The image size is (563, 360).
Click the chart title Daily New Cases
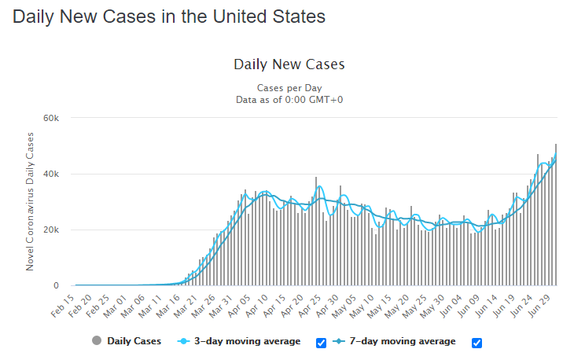pos(289,64)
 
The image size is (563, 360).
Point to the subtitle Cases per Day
pos(289,88)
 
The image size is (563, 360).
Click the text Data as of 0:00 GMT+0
pos(289,100)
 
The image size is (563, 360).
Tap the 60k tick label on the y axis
pos(51,118)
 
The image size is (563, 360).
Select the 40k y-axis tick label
pos(51,174)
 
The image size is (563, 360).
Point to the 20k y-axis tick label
pos(51,230)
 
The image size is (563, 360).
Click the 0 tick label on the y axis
pos(56,286)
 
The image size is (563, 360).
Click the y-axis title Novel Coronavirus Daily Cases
pos(30,202)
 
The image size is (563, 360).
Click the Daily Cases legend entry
pos(126,341)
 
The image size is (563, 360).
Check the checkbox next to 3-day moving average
pos(321,342)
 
